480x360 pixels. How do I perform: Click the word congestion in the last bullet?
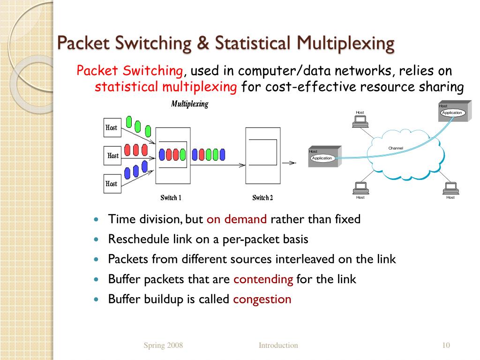262,299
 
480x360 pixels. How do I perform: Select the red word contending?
263,279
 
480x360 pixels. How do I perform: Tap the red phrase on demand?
236,219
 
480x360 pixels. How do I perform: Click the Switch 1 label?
171,198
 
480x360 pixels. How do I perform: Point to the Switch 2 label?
262,198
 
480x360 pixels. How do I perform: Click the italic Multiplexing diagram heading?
189,104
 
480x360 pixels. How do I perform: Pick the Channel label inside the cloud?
396,148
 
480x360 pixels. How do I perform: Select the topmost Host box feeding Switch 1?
112,127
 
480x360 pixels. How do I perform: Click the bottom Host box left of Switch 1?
112,183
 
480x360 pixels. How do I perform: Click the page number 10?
446,345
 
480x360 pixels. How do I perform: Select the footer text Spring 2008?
163,345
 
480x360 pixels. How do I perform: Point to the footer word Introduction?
278,345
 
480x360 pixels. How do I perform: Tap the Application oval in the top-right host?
452,112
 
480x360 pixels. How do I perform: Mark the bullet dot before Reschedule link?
97,239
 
